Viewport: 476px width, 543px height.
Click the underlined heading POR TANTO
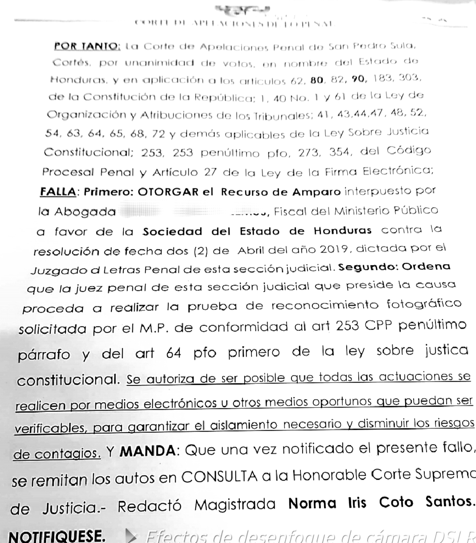(86, 46)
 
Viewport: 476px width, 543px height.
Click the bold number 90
(358, 79)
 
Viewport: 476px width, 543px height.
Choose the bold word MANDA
(148, 452)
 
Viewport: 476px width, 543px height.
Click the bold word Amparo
(316, 192)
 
